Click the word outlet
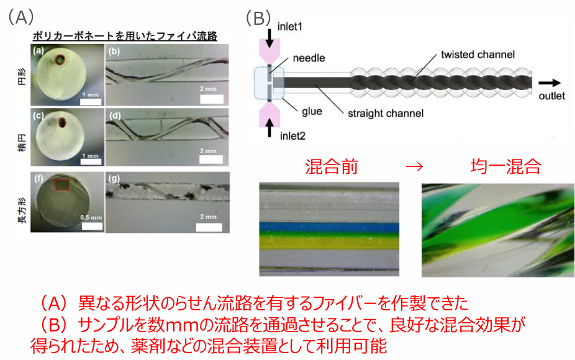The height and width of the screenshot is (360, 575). pos(551,96)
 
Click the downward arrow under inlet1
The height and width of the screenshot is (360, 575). pos(269,38)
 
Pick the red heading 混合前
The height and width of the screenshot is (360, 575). pos(333,167)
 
